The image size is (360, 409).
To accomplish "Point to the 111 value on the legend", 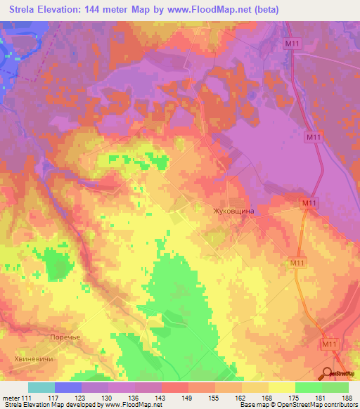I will pyautogui.click(x=27, y=398).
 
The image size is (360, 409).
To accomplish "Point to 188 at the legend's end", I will pyautogui.click(x=347, y=398).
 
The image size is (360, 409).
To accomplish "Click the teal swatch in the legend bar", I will pyautogui.click(x=41, y=387).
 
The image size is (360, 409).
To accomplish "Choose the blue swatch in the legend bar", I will pyautogui.click(x=68, y=387).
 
